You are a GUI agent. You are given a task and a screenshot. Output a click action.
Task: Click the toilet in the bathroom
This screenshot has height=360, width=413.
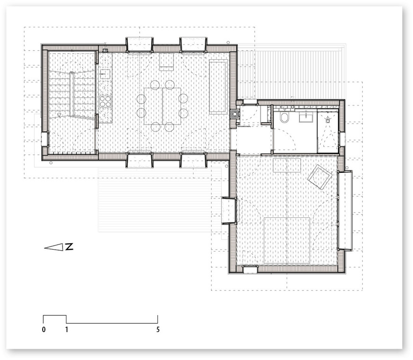tap(285, 118)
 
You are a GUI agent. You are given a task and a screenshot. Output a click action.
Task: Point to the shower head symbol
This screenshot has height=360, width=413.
tap(328, 120)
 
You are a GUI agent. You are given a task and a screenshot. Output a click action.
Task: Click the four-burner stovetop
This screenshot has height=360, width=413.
tap(105, 101)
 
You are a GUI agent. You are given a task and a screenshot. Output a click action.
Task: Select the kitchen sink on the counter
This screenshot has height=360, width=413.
tap(105, 74)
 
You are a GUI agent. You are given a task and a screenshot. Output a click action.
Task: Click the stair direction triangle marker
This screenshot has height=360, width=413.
tap(59, 115)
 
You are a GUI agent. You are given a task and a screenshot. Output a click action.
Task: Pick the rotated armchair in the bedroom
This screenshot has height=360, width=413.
tap(319, 177)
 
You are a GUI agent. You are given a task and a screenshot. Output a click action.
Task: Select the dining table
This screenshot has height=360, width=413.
tap(162, 106)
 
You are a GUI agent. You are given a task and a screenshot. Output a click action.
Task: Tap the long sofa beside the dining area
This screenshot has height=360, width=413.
tap(218, 87)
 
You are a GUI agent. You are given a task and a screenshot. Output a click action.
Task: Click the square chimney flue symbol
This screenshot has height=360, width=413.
tap(234, 114)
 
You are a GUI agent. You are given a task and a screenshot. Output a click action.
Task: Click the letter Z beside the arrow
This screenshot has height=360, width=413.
tap(69, 247)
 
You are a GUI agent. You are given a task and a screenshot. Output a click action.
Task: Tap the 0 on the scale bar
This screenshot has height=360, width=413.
tap(44, 329)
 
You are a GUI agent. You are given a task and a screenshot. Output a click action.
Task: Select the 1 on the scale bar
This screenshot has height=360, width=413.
tap(67, 329)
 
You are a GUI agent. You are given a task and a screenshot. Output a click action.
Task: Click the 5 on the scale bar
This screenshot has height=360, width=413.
tap(158, 329)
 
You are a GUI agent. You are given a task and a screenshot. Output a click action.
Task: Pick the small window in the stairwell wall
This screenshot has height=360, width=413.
tap(45, 139)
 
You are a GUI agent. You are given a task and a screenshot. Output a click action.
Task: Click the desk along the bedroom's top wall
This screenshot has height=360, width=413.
tap(287, 165)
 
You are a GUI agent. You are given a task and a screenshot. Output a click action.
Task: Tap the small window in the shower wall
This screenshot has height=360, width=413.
tap(342, 139)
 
